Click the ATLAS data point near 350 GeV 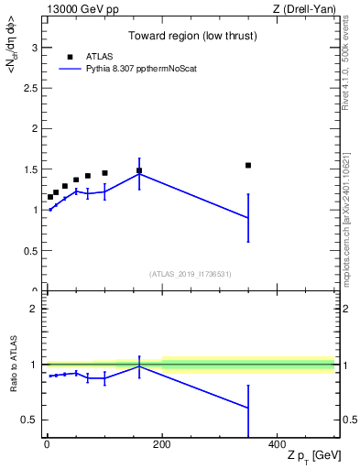[x=248, y=165]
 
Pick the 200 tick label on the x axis [x=162, y=444]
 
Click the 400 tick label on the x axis [x=277, y=444]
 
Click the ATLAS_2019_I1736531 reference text [x=191, y=274]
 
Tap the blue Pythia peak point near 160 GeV [x=139, y=174]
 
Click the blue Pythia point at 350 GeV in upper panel [x=248, y=218]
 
